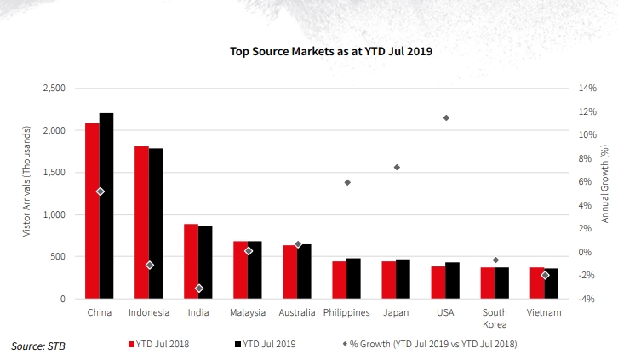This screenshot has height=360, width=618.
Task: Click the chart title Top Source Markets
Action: (x=331, y=51)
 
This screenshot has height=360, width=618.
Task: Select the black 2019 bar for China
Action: (x=106, y=206)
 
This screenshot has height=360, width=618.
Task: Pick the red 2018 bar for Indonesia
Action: (x=141, y=223)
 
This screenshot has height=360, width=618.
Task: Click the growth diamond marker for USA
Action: (x=446, y=117)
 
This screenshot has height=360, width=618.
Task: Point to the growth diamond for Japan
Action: (x=397, y=167)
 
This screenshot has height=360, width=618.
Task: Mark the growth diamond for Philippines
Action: (x=347, y=182)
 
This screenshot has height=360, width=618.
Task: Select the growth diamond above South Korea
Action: (x=495, y=260)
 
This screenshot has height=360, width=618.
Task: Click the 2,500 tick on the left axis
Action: (x=53, y=89)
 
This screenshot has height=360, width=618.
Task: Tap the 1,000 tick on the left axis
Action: (x=53, y=214)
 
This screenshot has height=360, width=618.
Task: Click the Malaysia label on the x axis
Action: (x=248, y=313)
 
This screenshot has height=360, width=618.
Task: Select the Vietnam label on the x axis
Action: (x=545, y=313)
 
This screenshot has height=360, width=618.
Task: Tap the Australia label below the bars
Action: (x=297, y=313)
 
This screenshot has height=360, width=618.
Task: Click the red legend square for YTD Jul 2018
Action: (x=132, y=344)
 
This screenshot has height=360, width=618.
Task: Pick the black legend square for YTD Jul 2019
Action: (x=237, y=344)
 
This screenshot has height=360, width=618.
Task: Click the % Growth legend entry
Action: (x=429, y=344)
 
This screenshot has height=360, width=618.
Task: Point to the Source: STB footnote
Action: (x=37, y=346)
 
